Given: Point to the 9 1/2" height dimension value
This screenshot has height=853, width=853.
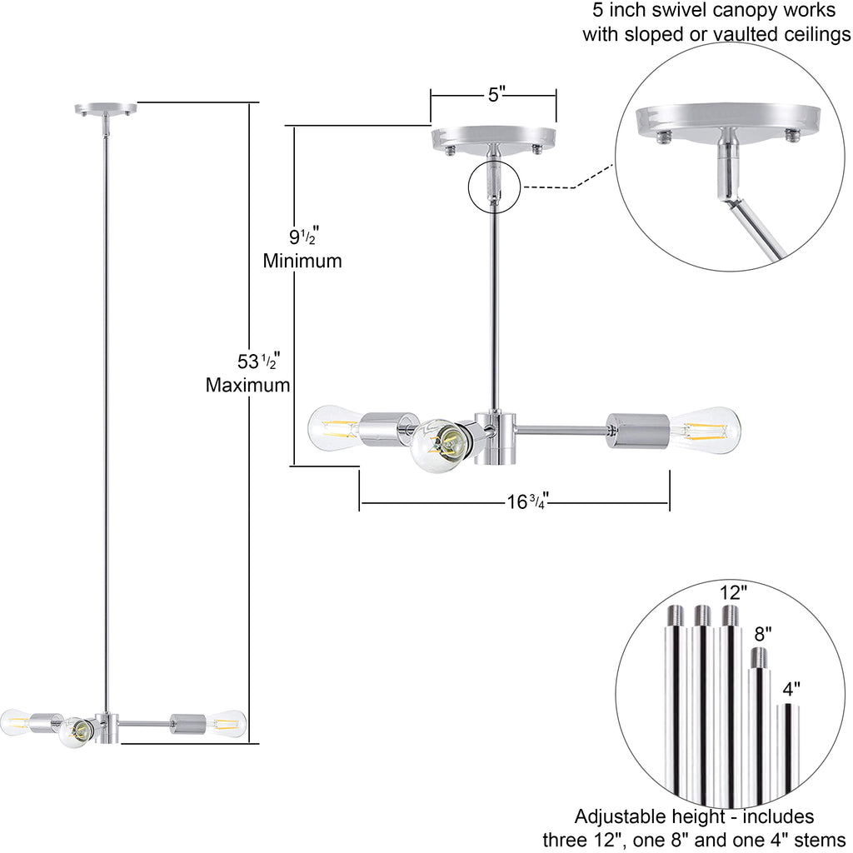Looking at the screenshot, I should (302, 237).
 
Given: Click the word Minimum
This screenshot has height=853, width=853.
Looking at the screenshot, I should (302, 261).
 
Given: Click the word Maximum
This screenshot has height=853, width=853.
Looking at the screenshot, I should (247, 385).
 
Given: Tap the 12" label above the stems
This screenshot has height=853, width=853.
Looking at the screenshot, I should (733, 593).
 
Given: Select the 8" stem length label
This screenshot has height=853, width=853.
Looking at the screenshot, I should (763, 635).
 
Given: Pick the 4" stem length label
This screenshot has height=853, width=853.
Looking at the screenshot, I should (791, 689).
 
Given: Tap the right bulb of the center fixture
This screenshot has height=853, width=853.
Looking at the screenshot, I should (706, 430).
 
